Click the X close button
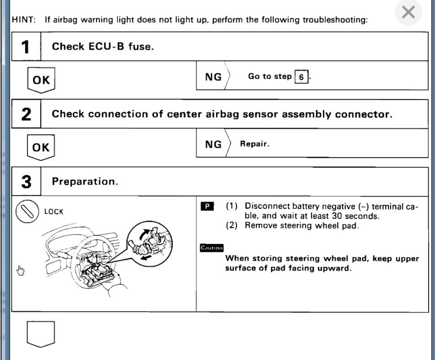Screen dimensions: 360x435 click(408, 12)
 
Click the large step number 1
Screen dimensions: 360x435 click(26, 47)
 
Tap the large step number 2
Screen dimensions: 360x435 click(26, 114)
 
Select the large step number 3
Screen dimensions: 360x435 click(26, 182)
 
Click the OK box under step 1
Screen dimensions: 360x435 click(41, 80)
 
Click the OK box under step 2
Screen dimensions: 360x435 click(41, 147)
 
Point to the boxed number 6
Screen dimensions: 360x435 click(301, 77)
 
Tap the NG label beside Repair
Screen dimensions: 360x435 click(213, 144)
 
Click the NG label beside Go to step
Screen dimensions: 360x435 click(213, 77)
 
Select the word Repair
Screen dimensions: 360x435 click(255, 144)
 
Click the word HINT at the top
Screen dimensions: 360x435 click(25, 20)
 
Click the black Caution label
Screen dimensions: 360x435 click(212, 248)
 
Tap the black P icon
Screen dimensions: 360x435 click(207, 206)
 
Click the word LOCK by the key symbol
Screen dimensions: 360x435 click(54, 212)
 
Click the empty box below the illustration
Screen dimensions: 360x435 click(41, 334)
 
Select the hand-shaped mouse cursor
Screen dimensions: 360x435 click(21, 271)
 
